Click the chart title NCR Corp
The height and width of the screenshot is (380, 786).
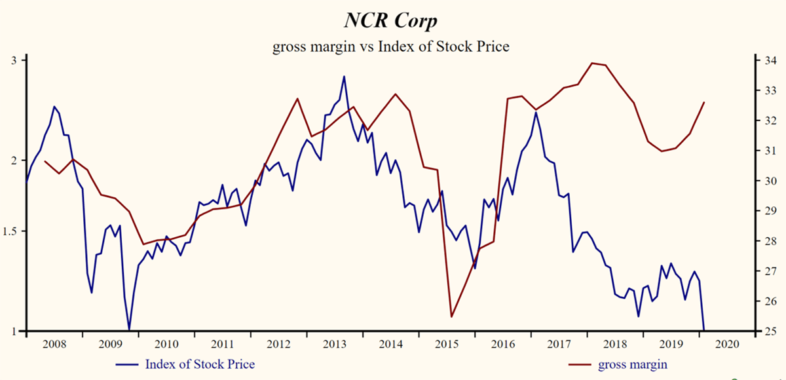click(x=391, y=20)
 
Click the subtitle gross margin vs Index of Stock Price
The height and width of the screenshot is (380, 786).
click(x=391, y=47)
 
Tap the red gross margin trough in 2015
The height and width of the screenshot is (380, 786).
click(x=451, y=316)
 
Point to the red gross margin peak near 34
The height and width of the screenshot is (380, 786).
click(x=592, y=63)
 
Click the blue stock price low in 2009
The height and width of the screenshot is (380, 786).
click(x=129, y=330)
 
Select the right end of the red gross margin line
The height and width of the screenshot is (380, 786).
click(x=703, y=102)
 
